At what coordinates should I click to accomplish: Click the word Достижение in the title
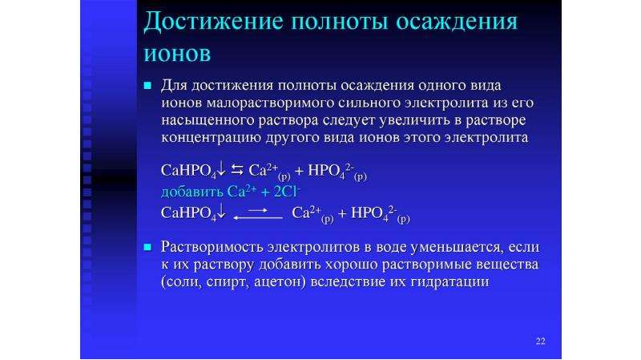point(213,22)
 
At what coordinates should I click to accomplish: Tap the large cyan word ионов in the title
point(177,54)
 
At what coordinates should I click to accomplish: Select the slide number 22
point(540,342)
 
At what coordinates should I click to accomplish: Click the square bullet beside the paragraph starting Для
point(147,86)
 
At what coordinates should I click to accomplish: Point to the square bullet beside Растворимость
point(147,247)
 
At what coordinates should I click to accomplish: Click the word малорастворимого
point(270,103)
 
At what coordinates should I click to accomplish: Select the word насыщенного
point(208,120)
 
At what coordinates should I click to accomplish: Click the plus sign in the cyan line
point(265,192)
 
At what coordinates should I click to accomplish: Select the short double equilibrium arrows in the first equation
point(237,170)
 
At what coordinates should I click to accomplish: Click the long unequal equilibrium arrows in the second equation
point(258,214)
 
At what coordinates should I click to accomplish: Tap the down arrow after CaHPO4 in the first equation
point(221,168)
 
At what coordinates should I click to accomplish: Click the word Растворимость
point(212,247)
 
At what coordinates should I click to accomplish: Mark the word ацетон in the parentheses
point(280,282)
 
